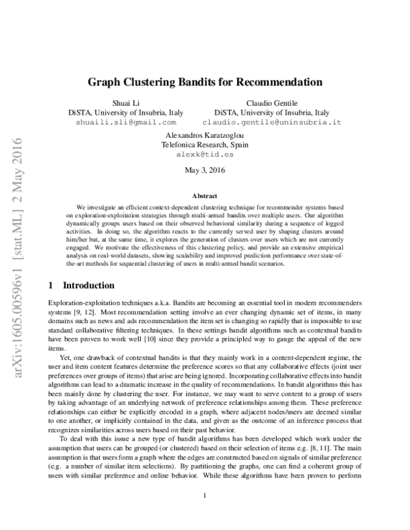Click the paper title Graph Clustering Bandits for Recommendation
pyautogui.click(x=205, y=83)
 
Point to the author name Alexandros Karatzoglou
pyautogui.click(x=205, y=136)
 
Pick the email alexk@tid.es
pyautogui.click(x=205, y=155)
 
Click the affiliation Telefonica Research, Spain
pyautogui.click(x=205, y=145)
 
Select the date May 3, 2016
pyautogui.click(x=205, y=170)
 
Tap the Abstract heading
pyautogui.click(x=205, y=195)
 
